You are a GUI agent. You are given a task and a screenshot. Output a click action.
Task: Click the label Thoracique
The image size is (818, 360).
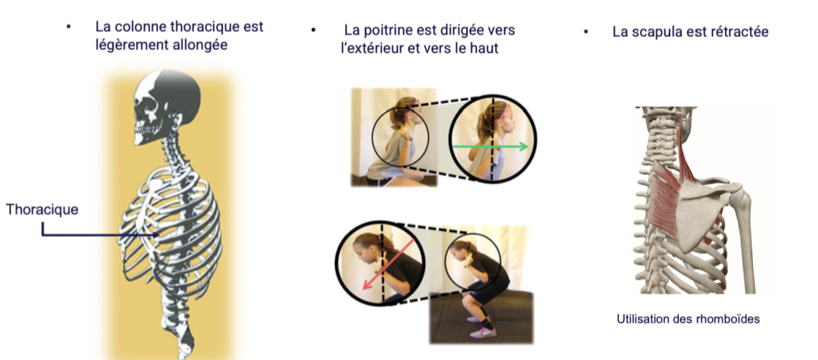click(x=42, y=210)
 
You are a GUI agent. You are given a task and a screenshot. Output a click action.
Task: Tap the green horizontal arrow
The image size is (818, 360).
click(x=490, y=147)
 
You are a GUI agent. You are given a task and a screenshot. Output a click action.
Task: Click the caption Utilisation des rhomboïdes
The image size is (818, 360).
click(x=688, y=319)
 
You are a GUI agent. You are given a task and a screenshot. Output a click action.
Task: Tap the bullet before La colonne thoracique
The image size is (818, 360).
click(x=68, y=27)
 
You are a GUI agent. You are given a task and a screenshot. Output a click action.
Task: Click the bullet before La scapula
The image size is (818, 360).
click(x=586, y=31)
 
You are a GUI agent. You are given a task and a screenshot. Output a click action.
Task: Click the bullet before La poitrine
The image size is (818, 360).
click(x=313, y=30)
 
